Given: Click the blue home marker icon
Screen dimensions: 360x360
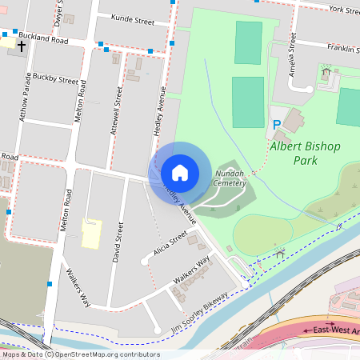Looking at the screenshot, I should tap(180, 173).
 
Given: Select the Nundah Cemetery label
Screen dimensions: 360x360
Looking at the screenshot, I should tap(230, 177).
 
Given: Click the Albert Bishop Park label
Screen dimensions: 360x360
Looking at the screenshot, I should tap(305, 154).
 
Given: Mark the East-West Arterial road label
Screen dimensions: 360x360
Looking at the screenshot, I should tap(333, 330).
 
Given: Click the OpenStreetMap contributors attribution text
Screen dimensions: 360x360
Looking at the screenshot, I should tap(80, 354).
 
